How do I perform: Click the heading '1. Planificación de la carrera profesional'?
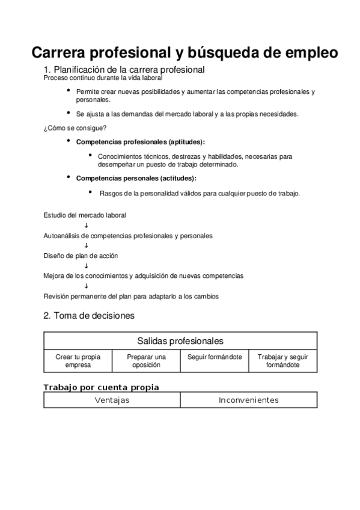[x=125, y=69]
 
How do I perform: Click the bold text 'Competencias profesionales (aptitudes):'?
[x=140, y=142]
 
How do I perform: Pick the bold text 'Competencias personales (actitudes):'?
[x=136, y=178]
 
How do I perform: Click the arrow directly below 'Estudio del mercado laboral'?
[x=86, y=226]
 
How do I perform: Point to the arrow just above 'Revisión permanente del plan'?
[x=86, y=286]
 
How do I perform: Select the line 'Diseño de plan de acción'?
[x=81, y=256]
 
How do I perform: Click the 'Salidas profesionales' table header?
[x=180, y=341]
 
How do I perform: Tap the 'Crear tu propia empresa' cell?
[x=78, y=361]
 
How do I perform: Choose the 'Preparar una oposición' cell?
[x=146, y=361]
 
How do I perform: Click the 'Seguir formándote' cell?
[x=215, y=357]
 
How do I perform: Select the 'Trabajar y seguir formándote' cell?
[x=282, y=361]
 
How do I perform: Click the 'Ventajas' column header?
[x=112, y=400]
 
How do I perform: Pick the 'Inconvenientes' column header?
[x=248, y=400]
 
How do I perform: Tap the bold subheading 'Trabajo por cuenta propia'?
[x=102, y=387]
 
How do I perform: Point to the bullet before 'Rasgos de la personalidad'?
[x=90, y=192]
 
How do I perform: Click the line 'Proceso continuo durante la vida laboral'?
[x=103, y=78]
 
